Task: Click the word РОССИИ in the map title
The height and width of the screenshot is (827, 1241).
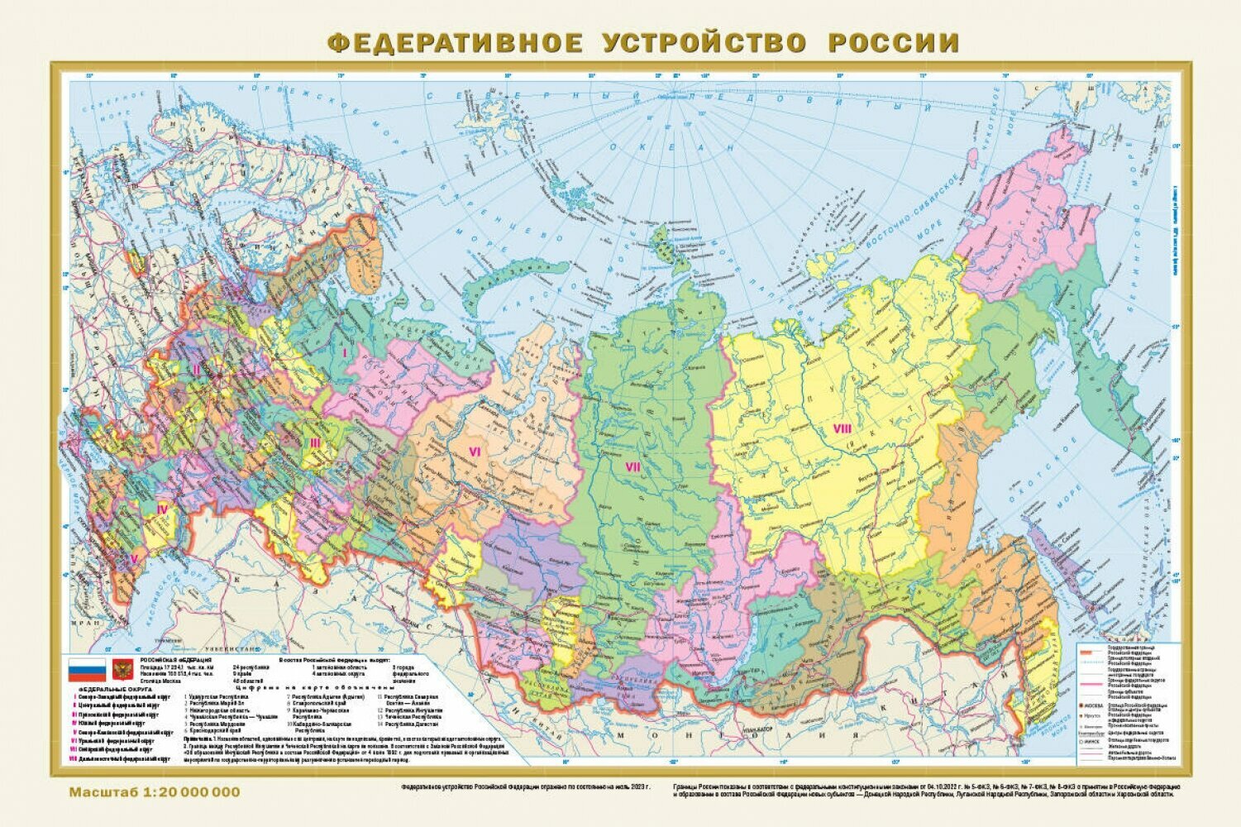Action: point(894,42)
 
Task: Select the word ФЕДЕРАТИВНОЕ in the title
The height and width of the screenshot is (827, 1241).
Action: point(454,42)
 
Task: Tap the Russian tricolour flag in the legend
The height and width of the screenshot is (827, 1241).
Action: point(87,669)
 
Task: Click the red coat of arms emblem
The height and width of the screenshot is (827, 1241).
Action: point(123,669)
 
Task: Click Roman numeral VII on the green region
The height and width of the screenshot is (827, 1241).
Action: point(632,467)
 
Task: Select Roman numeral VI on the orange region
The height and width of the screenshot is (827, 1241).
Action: point(475,451)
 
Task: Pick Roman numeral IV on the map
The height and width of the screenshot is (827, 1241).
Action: point(162,509)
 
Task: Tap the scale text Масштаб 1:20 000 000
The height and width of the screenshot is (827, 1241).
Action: point(155,792)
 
